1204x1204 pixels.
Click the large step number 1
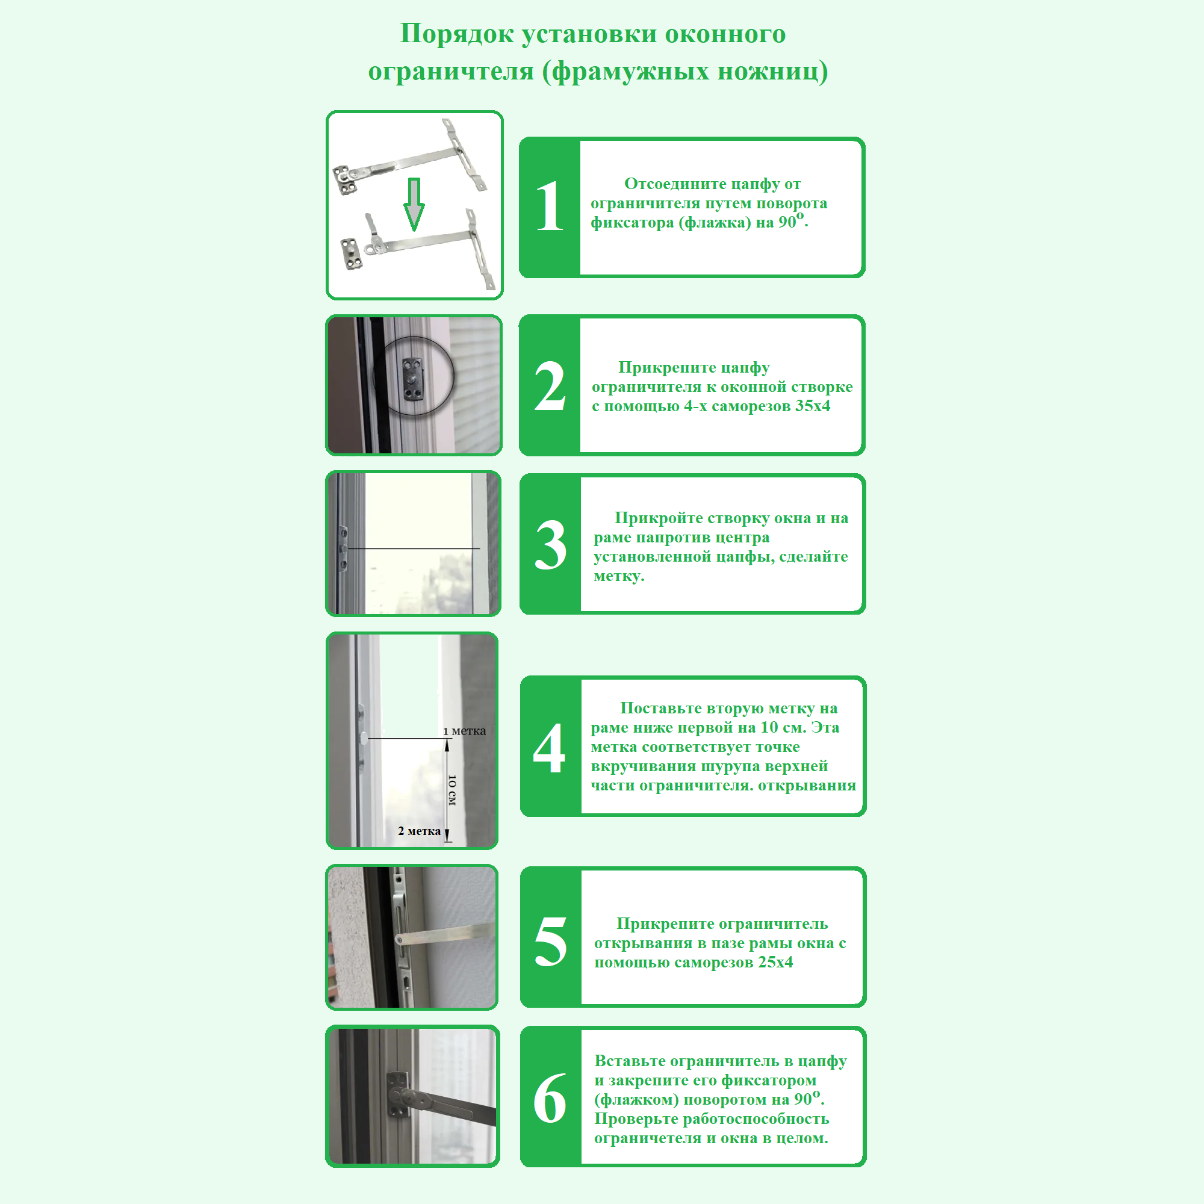(x=549, y=206)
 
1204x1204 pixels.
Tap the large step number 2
(x=550, y=386)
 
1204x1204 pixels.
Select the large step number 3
(x=551, y=545)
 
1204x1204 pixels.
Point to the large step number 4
(x=549, y=748)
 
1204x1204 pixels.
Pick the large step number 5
(x=551, y=941)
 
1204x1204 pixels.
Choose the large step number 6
(x=550, y=1100)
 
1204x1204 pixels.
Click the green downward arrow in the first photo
(x=414, y=205)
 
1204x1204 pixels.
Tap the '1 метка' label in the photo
(x=464, y=730)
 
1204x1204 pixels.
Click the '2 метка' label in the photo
(x=420, y=831)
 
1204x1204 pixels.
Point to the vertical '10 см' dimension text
(x=453, y=790)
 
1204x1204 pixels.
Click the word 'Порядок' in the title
(x=456, y=34)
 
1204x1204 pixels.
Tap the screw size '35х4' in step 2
(x=813, y=406)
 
